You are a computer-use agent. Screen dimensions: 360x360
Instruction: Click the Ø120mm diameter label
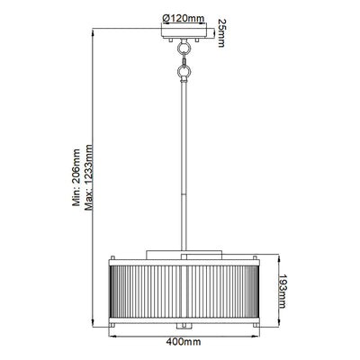coord(184,19)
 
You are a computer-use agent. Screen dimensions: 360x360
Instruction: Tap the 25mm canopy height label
coord(221,33)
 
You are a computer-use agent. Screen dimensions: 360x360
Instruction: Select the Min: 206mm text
coord(76,177)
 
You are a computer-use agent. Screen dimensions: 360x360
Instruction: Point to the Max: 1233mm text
coord(89,177)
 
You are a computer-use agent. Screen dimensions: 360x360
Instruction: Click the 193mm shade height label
coord(282,291)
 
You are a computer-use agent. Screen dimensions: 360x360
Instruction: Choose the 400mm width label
coord(184,342)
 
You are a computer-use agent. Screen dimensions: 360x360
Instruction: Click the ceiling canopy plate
coord(184,32)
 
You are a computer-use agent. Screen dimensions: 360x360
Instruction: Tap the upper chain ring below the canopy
coord(184,48)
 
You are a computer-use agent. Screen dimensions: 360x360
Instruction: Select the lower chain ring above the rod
coord(184,71)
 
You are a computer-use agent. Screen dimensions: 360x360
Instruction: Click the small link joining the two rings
coord(184,59)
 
